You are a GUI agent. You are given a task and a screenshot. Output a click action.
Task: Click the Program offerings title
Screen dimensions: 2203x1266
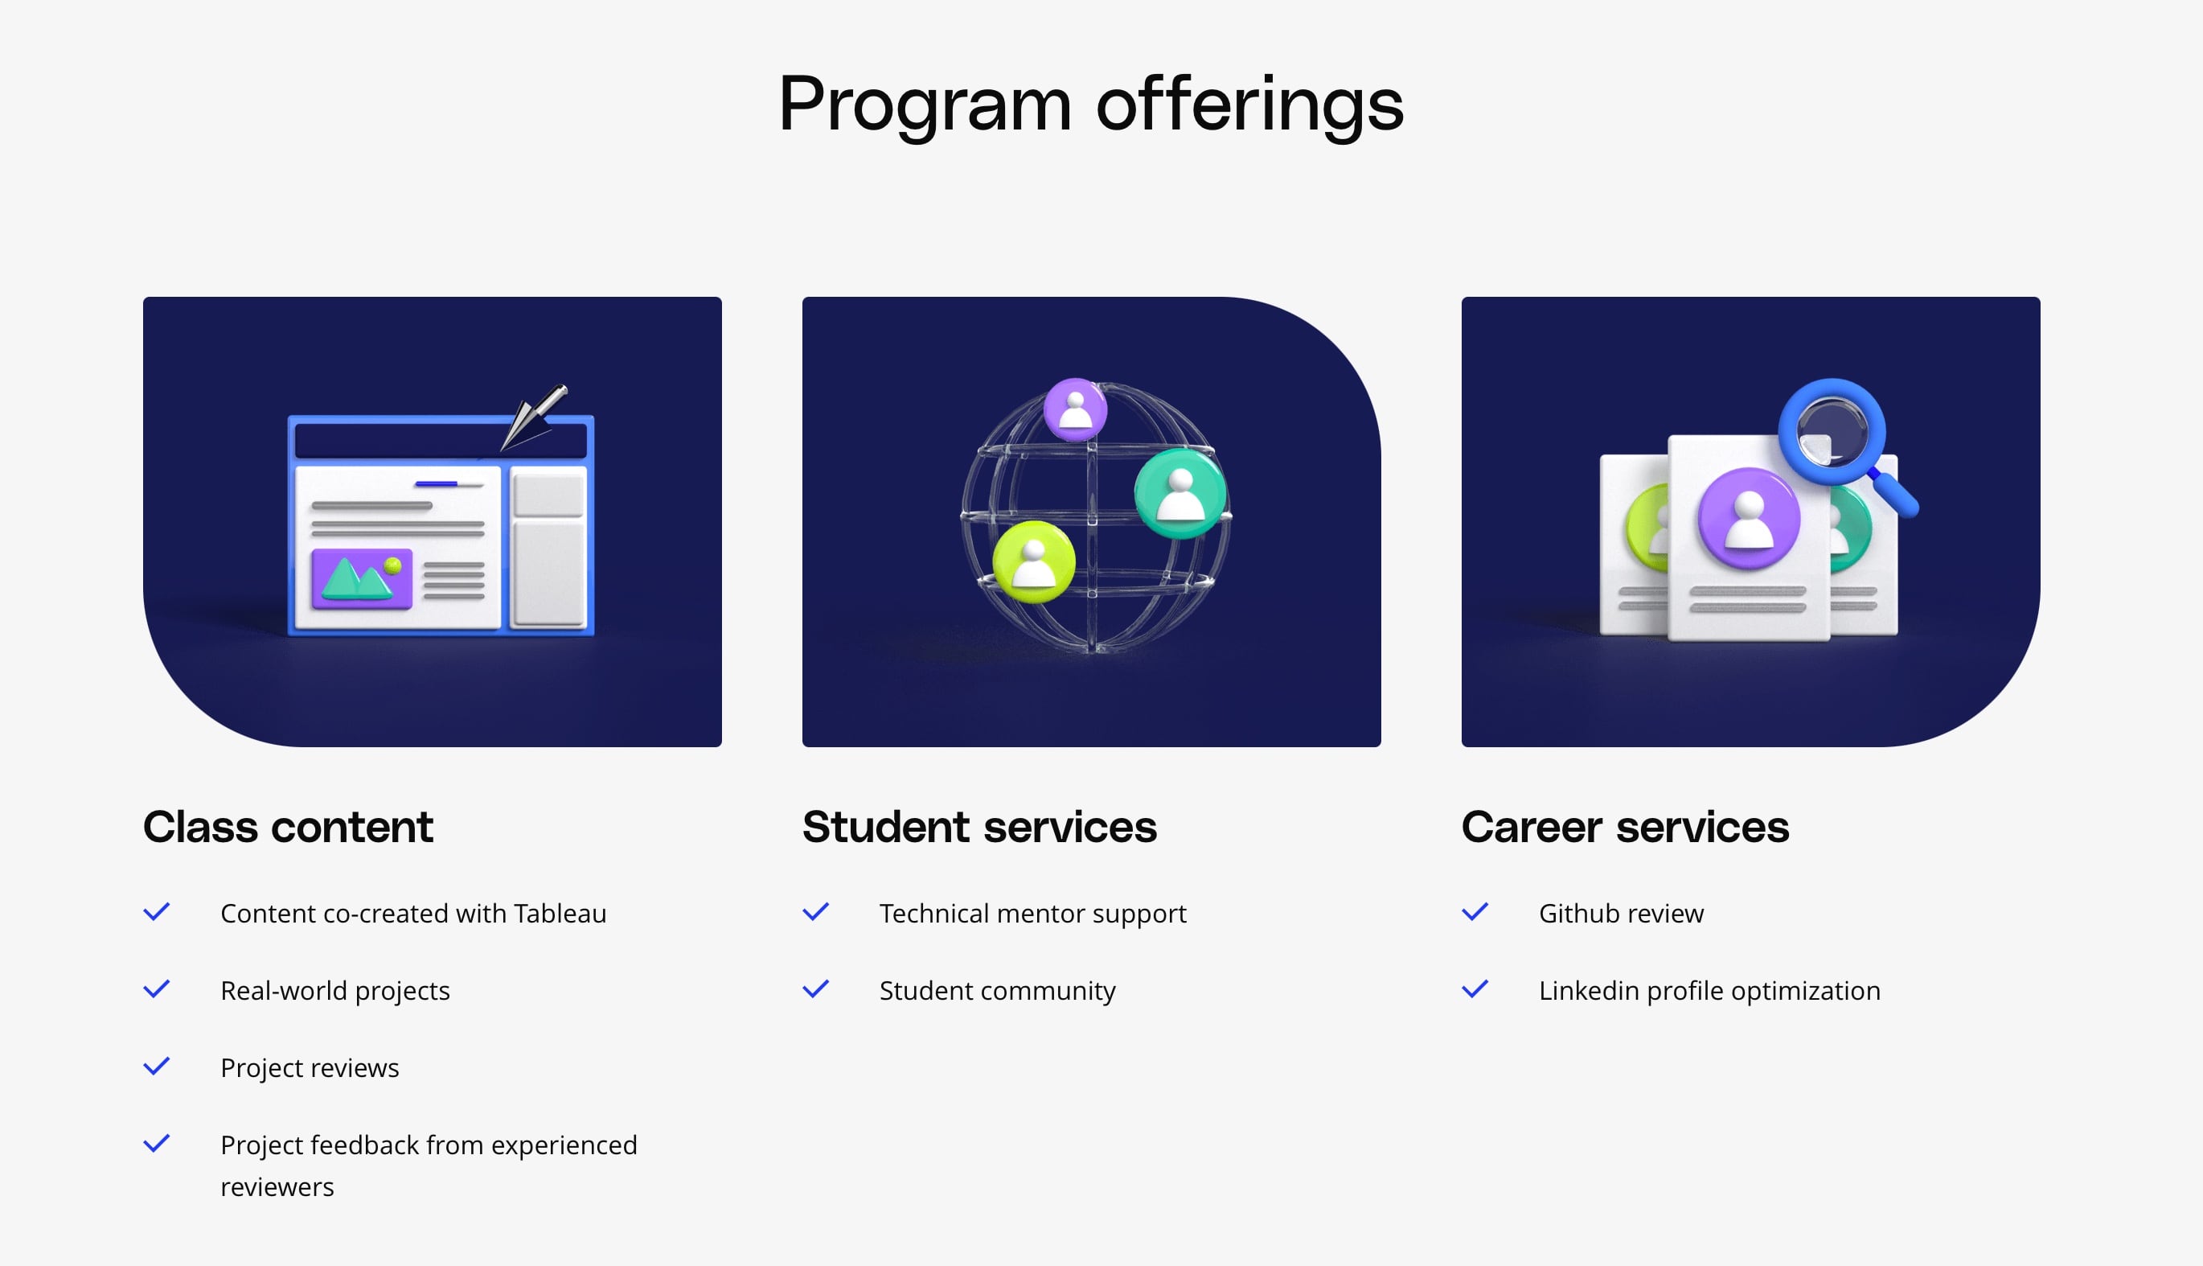[1090, 105]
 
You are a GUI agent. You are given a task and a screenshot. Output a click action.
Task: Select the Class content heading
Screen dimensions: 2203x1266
[288, 826]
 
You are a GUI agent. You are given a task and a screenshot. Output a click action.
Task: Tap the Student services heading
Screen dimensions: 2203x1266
[979, 826]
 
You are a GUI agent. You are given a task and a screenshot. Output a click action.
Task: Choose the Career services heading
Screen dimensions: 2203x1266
[1625, 826]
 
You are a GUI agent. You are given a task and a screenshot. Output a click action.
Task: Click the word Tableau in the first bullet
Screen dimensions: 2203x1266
[560, 913]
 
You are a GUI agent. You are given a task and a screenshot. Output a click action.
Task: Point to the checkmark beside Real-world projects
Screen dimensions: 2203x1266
[157, 989]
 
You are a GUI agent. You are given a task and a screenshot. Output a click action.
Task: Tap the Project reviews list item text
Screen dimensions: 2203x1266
[310, 1068]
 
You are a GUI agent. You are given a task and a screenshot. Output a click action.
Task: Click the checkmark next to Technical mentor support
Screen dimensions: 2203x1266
[815, 912]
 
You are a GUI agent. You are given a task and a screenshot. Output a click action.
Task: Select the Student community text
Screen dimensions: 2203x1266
[997, 991]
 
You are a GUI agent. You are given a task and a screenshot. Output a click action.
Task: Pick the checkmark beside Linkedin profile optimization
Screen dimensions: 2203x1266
[1475, 989]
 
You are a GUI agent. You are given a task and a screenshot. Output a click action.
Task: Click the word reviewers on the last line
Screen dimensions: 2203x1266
[277, 1188]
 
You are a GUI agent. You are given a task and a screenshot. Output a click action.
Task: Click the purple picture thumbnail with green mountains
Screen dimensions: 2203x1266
[362, 578]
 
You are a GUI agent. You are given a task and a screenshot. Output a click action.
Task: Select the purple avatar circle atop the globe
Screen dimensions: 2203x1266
[1075, 409]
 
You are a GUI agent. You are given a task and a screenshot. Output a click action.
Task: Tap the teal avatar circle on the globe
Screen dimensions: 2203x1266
[1180, 493]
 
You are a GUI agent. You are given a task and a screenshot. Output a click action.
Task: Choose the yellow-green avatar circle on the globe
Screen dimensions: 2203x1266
[1033, 561]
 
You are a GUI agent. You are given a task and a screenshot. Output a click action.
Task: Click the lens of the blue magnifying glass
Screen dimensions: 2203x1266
[1832, 431]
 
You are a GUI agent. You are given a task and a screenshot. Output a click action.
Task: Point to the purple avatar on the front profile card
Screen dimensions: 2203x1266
[1749, 519]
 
